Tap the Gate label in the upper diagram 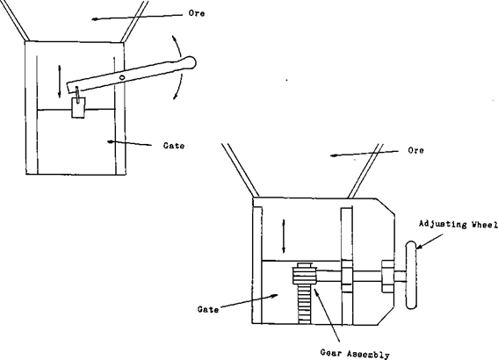click(x=174, y=144)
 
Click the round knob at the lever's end click(x=191, y=61)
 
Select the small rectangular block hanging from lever click(x=77, y=107)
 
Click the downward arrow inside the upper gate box click(x=61, y=82)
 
